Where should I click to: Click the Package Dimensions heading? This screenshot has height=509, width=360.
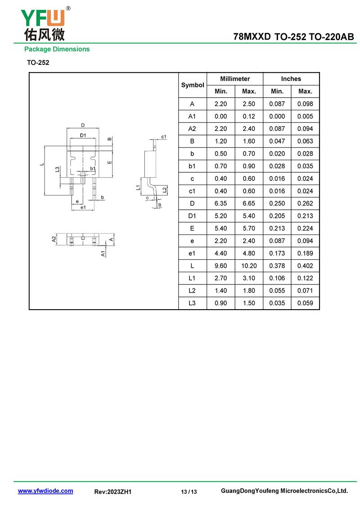[57, 49]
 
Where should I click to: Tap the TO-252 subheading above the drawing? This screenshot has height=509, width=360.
[38, 63]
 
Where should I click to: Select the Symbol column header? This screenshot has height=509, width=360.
[193, 85]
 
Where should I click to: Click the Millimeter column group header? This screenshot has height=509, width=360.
[235, 79]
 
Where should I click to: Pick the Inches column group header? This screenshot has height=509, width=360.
[291, 79]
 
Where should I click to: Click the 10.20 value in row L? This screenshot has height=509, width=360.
[249, 266]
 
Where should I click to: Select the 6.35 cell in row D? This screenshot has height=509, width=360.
[221, 203]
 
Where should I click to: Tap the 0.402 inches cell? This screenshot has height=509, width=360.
[306, 266]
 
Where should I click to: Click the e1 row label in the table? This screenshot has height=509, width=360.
[192, 253]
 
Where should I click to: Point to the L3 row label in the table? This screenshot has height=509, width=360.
[192, 303]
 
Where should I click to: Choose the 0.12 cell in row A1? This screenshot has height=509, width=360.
[249, 116]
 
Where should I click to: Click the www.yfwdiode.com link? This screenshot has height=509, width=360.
[45, 491]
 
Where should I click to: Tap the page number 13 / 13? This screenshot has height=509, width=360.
[189, 492]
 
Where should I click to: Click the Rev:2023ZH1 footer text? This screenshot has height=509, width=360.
[113, 492]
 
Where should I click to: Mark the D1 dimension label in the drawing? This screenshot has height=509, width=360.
[83, 135]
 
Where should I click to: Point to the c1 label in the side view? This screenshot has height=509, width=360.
[164, 137]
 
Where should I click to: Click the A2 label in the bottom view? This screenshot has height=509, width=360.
[54, 239]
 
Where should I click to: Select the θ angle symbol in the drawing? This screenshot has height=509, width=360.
[160, 205]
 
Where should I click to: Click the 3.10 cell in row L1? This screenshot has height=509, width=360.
[249, 278]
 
